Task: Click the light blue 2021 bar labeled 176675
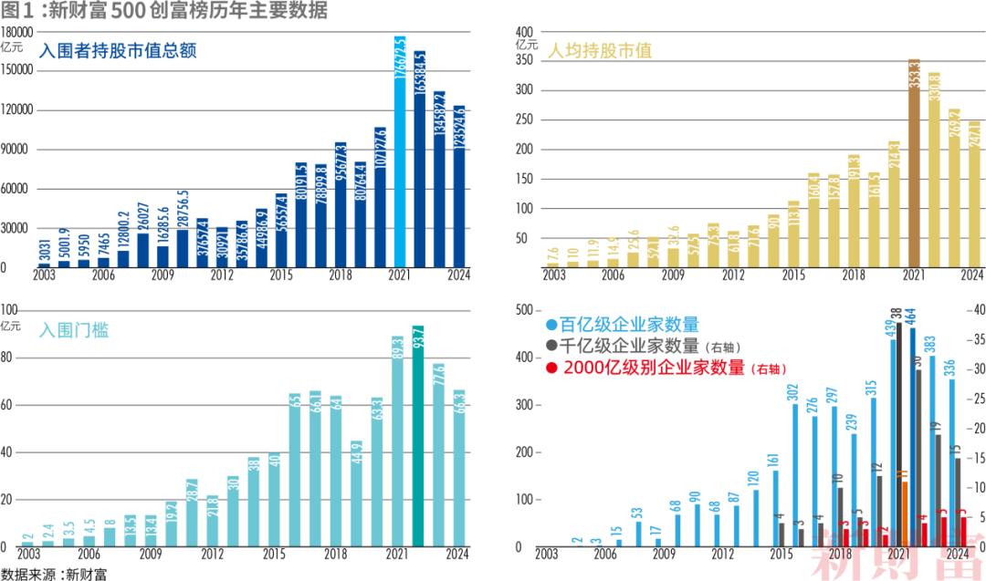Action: pyautogui.click(x=400, y=151)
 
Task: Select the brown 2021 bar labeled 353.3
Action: pyautogui.click(x=914, y=164)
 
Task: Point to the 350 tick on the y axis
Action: pyautogui.click(x=525, y=60)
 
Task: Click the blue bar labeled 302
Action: pyautogui.click(x=793, y=475)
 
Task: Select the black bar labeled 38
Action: pyautogui.click(x=898, y=434)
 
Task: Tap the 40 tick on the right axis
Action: pyautogui.click(x=973, y=310)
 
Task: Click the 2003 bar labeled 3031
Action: pyautogui.click(x=44, y=265)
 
